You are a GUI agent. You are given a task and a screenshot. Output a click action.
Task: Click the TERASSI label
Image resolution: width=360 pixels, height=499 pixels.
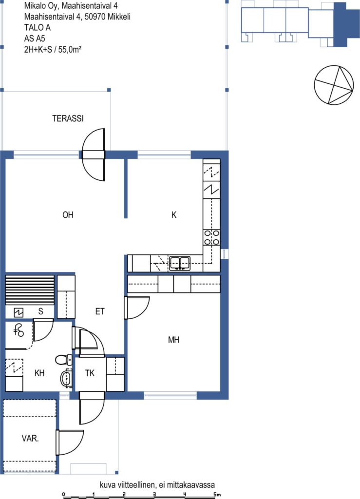68,118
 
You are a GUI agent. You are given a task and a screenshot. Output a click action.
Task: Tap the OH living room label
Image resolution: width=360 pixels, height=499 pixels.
68,215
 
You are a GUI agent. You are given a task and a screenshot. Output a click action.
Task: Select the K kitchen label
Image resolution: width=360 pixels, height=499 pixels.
173,215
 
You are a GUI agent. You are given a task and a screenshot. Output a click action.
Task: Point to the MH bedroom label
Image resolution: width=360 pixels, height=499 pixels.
173,340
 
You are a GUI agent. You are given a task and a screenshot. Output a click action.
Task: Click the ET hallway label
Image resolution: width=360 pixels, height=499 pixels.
100,311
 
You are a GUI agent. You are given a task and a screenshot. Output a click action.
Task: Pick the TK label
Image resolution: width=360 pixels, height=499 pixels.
90,373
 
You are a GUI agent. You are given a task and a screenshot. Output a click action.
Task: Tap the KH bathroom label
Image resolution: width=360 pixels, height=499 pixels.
39,373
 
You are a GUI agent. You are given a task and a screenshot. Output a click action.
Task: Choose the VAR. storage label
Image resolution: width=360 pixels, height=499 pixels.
30,438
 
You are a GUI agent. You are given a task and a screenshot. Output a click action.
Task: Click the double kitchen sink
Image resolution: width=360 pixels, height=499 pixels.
180,263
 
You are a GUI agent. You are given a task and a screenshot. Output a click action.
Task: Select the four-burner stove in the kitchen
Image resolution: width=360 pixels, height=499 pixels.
211,237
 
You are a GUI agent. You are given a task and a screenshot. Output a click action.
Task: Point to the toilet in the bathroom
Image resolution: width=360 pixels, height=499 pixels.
64,360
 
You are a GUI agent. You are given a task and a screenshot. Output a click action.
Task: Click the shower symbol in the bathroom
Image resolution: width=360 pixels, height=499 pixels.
19,331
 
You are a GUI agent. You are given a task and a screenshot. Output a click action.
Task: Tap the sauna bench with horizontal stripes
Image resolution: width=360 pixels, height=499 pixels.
30,290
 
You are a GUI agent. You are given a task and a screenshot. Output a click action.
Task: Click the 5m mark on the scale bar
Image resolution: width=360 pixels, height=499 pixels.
217,494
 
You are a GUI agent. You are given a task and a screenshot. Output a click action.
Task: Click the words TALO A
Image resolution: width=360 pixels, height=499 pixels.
37,27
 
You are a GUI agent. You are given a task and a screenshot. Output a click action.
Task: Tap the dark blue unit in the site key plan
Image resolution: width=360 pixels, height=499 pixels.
346,24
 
